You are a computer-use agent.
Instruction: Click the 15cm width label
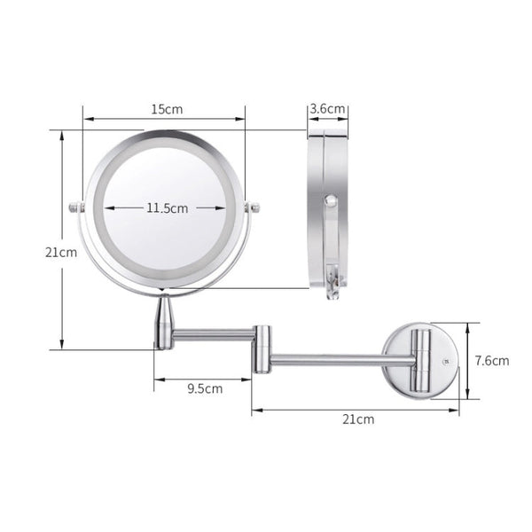click(165, 110)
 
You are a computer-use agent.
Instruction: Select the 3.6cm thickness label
click(327, 110)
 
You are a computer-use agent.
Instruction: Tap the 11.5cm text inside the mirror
click(167, 208)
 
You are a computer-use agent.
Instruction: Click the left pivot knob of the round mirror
click(74, 209)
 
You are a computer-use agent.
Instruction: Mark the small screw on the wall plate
click(446, 361)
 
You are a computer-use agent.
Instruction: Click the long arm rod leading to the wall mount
click(337, 360)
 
